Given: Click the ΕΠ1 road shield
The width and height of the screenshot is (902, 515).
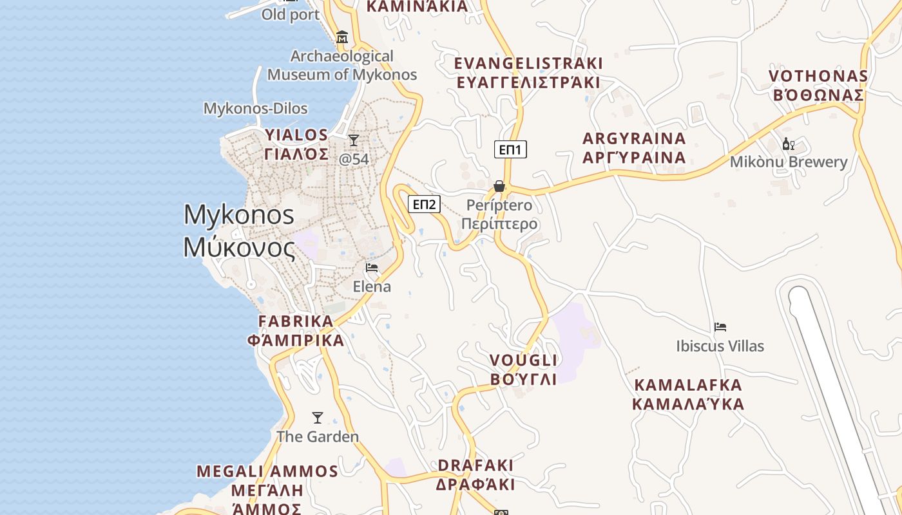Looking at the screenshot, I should [x=511, y=150].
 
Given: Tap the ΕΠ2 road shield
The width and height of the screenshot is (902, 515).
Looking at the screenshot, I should [x=425, y=205].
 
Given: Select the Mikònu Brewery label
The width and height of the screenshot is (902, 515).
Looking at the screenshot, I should [x=788, y=162].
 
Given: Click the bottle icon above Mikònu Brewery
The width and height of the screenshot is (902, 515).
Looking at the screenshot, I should [x=787, y=144].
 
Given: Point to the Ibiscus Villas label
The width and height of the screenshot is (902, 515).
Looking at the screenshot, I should [x=720, y=346].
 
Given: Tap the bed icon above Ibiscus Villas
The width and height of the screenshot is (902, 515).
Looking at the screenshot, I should [x=720, y=327].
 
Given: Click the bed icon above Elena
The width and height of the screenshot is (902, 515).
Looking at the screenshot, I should [x=372, y=268].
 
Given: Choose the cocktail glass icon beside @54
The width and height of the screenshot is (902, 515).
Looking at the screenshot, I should [x=353, y=140].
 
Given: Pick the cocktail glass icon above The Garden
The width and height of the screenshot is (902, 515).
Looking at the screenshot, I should [x=318, y=418].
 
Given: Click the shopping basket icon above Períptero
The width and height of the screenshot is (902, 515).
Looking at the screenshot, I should [x=499, y=186].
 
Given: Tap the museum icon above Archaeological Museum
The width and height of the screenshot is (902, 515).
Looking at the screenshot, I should [x=342, y=37].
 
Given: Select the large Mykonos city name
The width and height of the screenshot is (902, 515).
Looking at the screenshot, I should [x=239, y=230].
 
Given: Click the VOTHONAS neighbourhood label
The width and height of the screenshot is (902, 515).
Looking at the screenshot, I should [x=818, y=85].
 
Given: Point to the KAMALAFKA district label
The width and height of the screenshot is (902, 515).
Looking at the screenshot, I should [x=688, y=395].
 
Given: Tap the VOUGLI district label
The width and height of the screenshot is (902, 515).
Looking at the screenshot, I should [x=523, y=370].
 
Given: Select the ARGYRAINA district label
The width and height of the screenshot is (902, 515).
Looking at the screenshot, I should [x=634, y=148].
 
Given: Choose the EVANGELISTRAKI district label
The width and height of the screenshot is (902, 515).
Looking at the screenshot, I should [x=528, y=73].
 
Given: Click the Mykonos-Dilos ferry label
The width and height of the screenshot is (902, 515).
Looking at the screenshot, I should [x=256, y=108].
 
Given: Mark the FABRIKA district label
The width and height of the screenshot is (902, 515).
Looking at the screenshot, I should [x=300, y=330].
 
